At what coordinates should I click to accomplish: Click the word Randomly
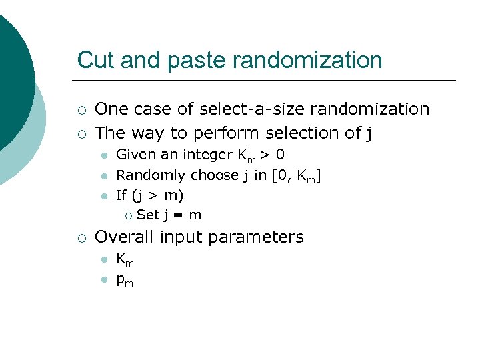tap(151, 175)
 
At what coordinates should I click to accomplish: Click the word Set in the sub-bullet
tap(147, 215)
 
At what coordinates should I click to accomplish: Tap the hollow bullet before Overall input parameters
tap(81, 237)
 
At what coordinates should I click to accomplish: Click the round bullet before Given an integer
tap(103, 156)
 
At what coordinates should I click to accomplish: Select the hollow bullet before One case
tap(81, 109)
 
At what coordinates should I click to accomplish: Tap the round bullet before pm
tap(103, 280)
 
